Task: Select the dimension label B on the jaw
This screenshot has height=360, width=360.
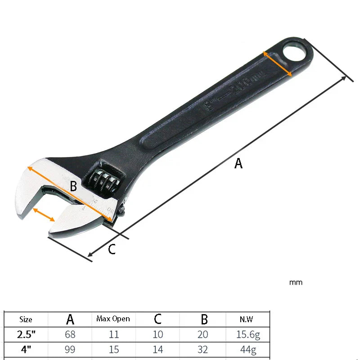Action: pyautogui.click(x=73, y=185)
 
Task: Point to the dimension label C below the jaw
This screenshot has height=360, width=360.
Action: pyautogui.click(x=112, y=249)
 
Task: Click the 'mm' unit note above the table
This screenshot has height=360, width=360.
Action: pyautogui.click(x=296, y=283)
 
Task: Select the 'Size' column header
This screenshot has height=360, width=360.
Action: pyautogui.click(x=26, y=319)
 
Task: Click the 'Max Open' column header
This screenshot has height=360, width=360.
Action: pyautogui.click(x=113, y=319)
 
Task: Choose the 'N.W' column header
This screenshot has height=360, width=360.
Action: pyautogui.click(x=246, y=319)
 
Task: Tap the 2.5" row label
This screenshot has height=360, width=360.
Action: pyautogui.click(x=26, y=334)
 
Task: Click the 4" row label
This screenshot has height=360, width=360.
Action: pyautogui.click(x=26, y=349)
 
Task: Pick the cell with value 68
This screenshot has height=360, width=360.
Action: pyautogui.click(x=70, y=334)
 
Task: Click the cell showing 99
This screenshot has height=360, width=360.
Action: pyautogui.click(x=70, y=349)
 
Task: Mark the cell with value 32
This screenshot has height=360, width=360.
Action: pyautogui.click(x=204, y=349)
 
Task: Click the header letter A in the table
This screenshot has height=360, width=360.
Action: pyautogui.click(x=70, y=319)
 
